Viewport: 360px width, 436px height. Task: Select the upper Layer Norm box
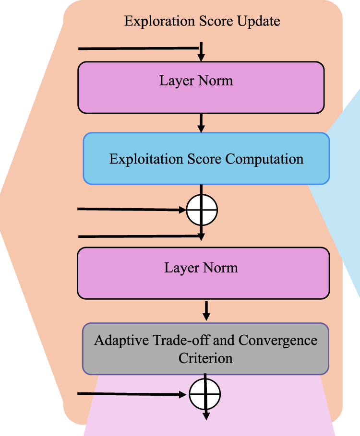point(201,87)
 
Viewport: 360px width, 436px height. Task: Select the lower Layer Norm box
point(203,273)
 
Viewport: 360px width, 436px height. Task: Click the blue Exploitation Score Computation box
point(206,159)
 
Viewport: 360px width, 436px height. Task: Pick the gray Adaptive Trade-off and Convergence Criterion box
point(205,348)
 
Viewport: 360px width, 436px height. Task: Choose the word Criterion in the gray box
point(205,358)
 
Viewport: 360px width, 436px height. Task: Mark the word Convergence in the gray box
point(278,341)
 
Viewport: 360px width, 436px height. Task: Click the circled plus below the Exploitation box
point(202,210)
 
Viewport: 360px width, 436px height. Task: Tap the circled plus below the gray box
point(205,394)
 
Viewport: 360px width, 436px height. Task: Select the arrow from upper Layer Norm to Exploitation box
point(201,123)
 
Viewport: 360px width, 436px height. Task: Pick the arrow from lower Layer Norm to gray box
point(206,311)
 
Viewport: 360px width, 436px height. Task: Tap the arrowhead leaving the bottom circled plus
point(206,415)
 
